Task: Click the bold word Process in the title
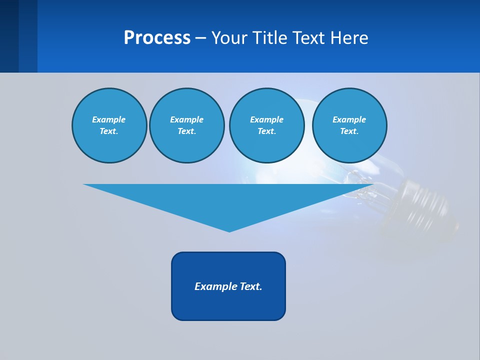(x=157, y=38)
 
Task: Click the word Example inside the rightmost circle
(x=349, y=119)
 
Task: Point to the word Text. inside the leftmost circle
(x=109, y=131)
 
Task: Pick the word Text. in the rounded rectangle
(x=251, y=286)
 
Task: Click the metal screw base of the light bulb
(x=430, y=207)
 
